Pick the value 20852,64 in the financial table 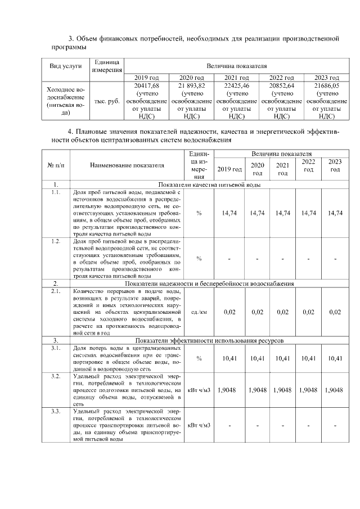pos(282,85)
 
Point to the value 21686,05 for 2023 pos(326,85)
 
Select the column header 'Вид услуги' pos(65,66)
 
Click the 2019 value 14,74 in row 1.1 pos(229,213)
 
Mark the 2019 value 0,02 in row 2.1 pos(229,312)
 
